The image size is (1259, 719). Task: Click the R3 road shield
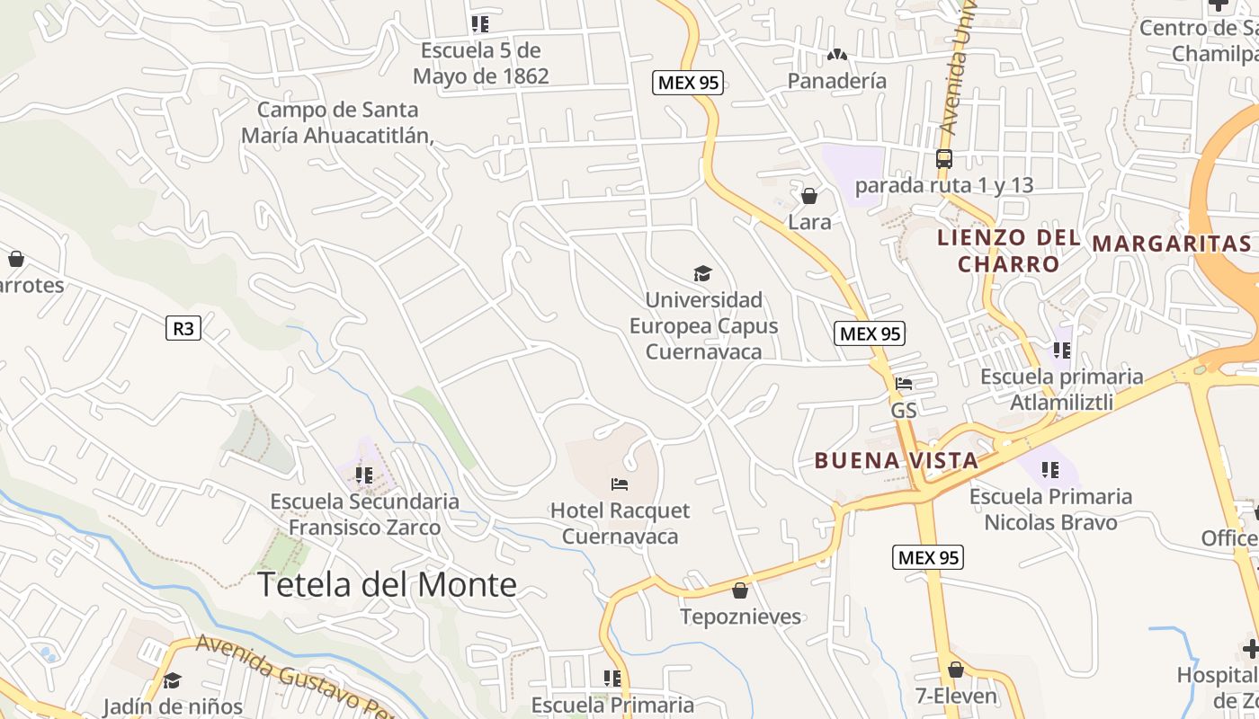[183, 328]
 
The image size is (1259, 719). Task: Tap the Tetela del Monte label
[387, 585]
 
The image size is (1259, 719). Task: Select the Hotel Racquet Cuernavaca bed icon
[620, 484]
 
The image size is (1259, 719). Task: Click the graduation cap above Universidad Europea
[702, 273]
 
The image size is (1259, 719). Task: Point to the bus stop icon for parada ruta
[943, 159]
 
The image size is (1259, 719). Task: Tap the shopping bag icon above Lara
[809, 196]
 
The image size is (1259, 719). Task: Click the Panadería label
[836, 81]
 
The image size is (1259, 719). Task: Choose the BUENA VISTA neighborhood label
[896, 461]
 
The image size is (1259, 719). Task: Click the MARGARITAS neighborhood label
[1172, 244]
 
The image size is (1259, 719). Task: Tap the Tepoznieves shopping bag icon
[740, 590]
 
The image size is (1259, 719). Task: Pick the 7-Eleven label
[956, 696]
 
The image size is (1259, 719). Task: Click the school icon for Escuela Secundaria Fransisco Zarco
[364, 475]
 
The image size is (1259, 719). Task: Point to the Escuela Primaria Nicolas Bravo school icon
[1049, 469]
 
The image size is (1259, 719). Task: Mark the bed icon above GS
[904, 384]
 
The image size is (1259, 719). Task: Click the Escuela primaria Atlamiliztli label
[1061, 389]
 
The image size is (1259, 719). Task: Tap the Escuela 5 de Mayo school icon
[480, 24]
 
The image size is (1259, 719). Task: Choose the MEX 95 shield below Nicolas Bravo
[928, 557]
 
